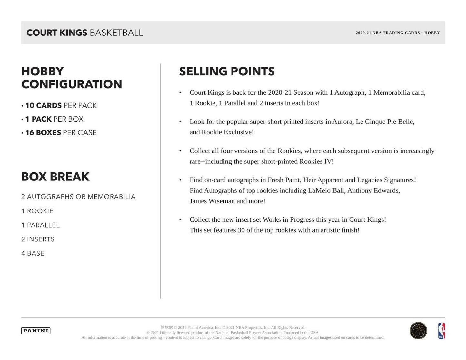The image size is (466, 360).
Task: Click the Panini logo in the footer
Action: click(36, 331)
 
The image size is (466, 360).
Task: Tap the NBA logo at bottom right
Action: click(441, 331)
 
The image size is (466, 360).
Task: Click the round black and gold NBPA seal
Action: click(418, 331)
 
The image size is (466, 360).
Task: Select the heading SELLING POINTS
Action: click(227, 72)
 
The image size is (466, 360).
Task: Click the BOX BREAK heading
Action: click(55, 177)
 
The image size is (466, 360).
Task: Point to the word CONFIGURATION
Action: click(72, 84)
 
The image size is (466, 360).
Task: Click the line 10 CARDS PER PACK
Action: click(61, 106)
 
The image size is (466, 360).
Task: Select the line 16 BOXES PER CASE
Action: click(61, 133)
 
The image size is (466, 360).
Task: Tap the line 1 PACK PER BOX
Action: click(54, 119)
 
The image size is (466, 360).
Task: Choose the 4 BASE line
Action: click(33, 254)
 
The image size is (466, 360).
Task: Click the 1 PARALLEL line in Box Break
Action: click(40, 225)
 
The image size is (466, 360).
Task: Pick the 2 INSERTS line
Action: click(38, 239)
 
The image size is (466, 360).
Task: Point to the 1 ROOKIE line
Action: click(37, 211)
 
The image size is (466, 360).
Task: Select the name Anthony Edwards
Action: click(373, 190)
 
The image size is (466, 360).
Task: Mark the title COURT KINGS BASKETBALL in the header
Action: click(84, 33)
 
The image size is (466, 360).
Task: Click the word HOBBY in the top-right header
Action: click(432, 33)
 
